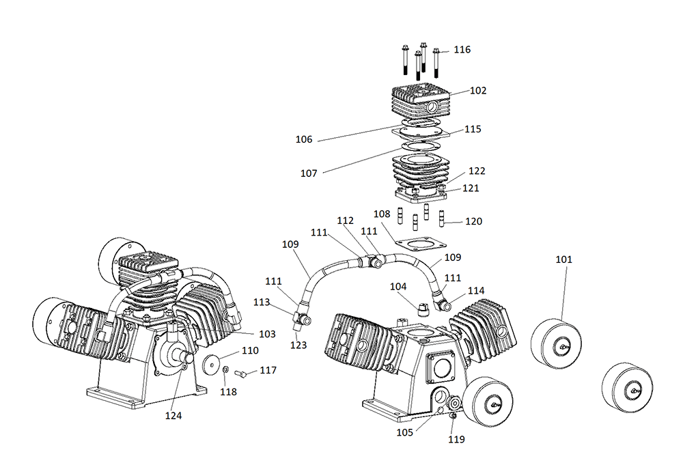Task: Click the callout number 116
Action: tap(462, 50)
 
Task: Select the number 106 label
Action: tap(304, 140)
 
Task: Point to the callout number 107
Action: tap(309, 173)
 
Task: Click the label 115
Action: tap(473, 129)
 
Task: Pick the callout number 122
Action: tap(476, 171)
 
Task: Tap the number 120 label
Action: tap(473, 221)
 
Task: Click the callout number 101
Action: tap(563, 259)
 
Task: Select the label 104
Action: tap(399, 286)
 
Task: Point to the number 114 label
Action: tap(476, 291)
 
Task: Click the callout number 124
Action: tap(173, 414)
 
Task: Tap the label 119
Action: tap(456, 439)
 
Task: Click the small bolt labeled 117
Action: tap(240, 374)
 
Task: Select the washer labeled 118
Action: tap(225, 371)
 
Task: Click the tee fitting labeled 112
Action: tap(372, 261)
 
